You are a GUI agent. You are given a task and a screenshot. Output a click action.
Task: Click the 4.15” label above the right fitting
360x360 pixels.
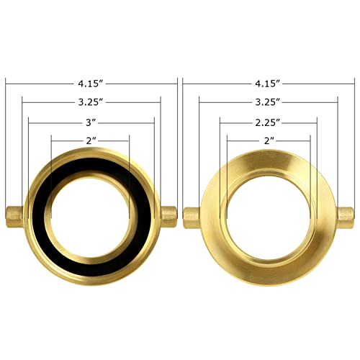click(269, 84)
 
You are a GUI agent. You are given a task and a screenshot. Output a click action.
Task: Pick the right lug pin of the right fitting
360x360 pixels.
click(346, 215)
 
